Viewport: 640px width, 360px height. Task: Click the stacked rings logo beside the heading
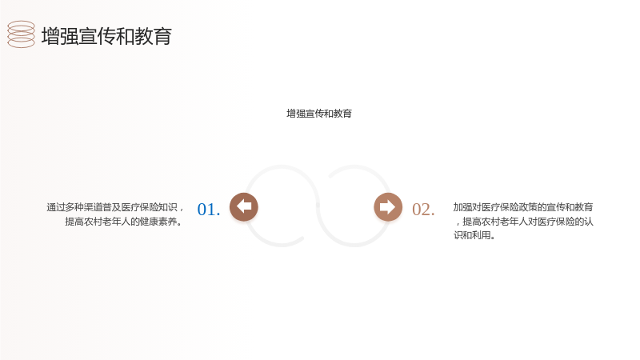21,34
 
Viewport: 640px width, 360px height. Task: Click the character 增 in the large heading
50,36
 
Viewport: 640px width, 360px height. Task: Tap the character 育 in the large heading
162,36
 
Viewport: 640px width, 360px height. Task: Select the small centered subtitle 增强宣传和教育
319,114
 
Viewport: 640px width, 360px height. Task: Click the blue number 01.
209,210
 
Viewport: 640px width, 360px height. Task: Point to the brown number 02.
423,210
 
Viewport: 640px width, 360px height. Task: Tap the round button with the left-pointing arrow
244,207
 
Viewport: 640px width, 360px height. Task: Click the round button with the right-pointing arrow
388,207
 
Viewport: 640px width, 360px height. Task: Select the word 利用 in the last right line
482,235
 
